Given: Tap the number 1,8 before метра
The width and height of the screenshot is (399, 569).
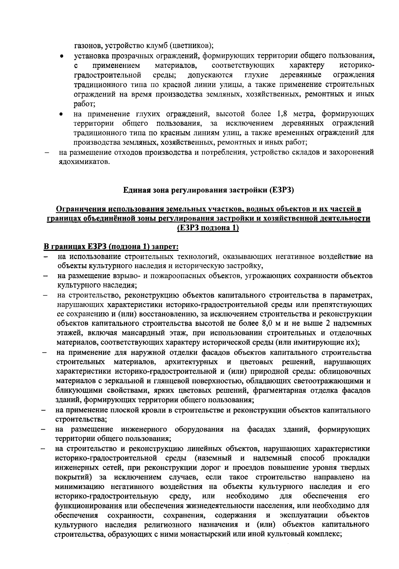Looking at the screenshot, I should (287, 114).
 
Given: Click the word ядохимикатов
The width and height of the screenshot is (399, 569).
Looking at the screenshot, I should (82, 162).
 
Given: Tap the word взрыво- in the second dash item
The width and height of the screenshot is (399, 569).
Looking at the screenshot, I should (128, 276).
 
